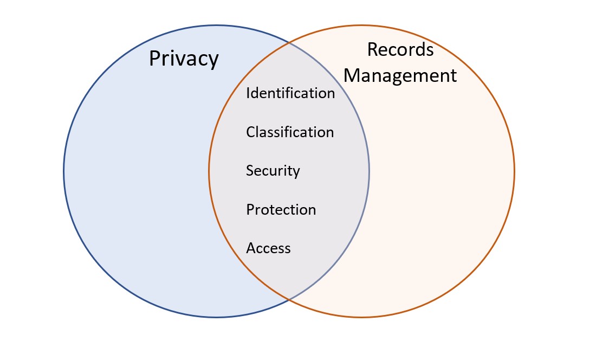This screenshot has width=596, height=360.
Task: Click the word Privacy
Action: (184, 59)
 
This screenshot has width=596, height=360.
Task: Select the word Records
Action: (400, 49)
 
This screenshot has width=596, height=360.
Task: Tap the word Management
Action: (400, 75)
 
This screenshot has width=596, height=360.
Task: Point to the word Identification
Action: (290, 93)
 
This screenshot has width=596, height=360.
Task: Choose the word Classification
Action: (290, 132)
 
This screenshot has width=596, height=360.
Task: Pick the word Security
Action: (273, 171)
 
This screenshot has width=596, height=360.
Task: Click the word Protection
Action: (281, 210)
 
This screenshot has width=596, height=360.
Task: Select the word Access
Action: (268, 248)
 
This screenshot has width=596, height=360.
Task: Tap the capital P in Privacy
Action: (155, 59)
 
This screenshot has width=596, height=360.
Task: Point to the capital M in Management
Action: (353, 75)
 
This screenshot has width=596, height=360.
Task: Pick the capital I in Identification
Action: (248, 93)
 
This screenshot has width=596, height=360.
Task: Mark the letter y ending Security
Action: (296, 173)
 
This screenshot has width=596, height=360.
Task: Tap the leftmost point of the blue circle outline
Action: (64, 171)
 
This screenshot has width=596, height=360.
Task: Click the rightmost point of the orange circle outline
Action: (514, 171)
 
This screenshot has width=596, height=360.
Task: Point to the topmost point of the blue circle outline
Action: (216, 25)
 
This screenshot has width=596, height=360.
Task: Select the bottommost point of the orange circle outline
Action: (361, 318)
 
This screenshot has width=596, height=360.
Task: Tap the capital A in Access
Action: (251, 248)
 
